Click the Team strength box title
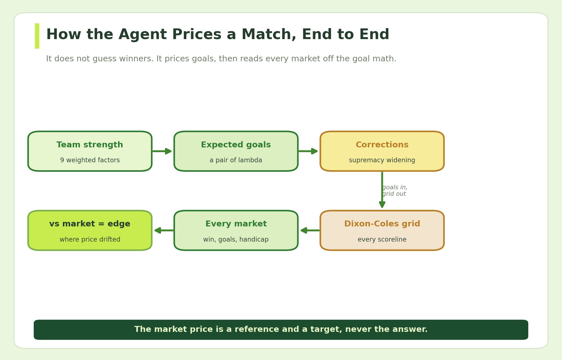tap(90, 145)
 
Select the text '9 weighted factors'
tap(90, 160)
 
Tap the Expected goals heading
tap(236, 145)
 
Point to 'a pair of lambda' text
tap(236, 160)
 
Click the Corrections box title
tap(382, 145)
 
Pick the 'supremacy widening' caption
tap(382, 160)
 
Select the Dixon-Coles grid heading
tap(382, 224)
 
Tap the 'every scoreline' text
tap(382, 240)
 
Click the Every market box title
tap(236, 224)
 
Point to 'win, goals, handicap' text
tap(236, 240)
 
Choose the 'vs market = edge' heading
tap(90, 224)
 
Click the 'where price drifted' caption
tap(90, 240)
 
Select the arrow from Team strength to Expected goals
tap(162, 151)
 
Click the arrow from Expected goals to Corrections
tap(308, 151)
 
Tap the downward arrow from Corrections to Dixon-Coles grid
tap(382, 190)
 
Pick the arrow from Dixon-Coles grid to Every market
tap(310, 230)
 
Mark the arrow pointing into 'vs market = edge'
tap(164, 230)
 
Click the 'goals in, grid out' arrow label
tap(395, 191)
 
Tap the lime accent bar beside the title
tap(37, 36)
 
